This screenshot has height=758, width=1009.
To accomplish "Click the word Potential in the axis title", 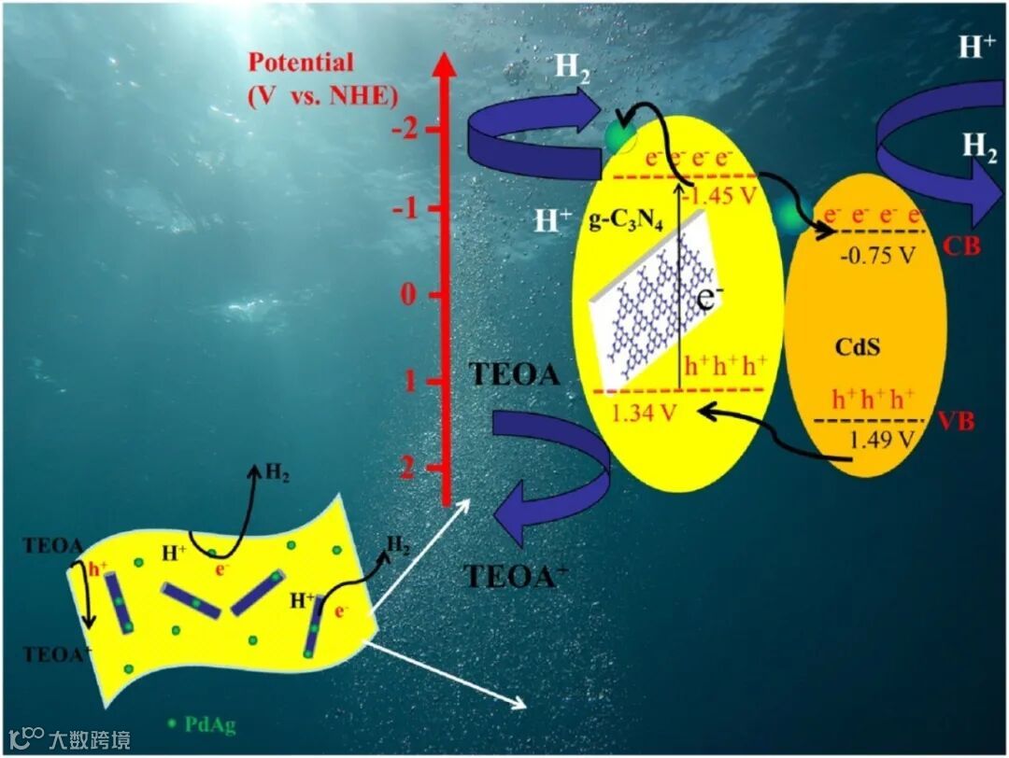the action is point(301,63).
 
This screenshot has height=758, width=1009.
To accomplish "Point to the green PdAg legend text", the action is point(209,723).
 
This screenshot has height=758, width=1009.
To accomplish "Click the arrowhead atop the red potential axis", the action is point(444,65).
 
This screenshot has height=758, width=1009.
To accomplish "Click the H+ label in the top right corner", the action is point(976,47).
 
